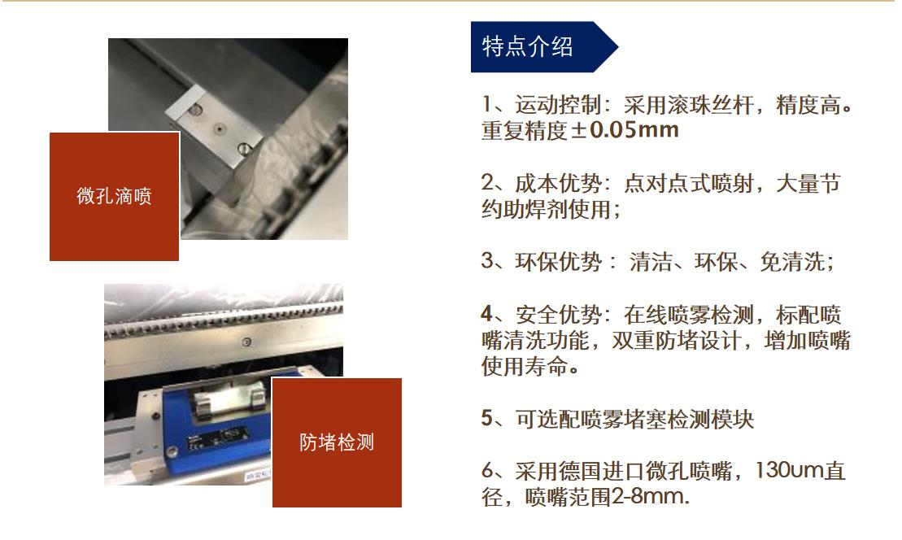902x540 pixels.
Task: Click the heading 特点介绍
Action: [528, 47]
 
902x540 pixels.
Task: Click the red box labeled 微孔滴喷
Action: [114, 196]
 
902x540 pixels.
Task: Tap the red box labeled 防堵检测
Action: [337, 443]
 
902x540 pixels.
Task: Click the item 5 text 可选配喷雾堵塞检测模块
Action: [634, 420]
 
